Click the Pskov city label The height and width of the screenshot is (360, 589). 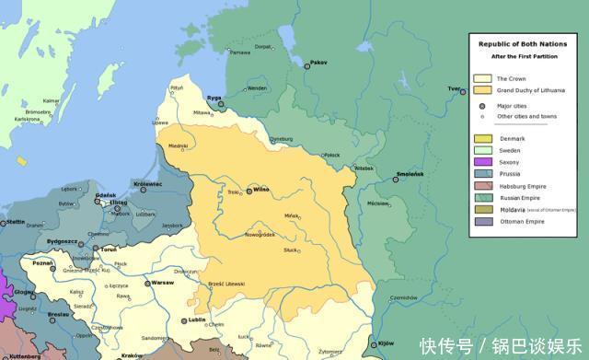click(x=318, y=64)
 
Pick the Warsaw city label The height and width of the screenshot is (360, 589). click(x=162, y=282)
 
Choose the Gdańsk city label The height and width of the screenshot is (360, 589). click(x=104, y=195)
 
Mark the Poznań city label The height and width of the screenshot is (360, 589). click(x=42, y=262)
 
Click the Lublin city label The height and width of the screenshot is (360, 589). click(x=196, y=319)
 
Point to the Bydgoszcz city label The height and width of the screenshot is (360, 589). click(x=64, y=239)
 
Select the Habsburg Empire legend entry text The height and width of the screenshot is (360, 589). click(x=524, y=186)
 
